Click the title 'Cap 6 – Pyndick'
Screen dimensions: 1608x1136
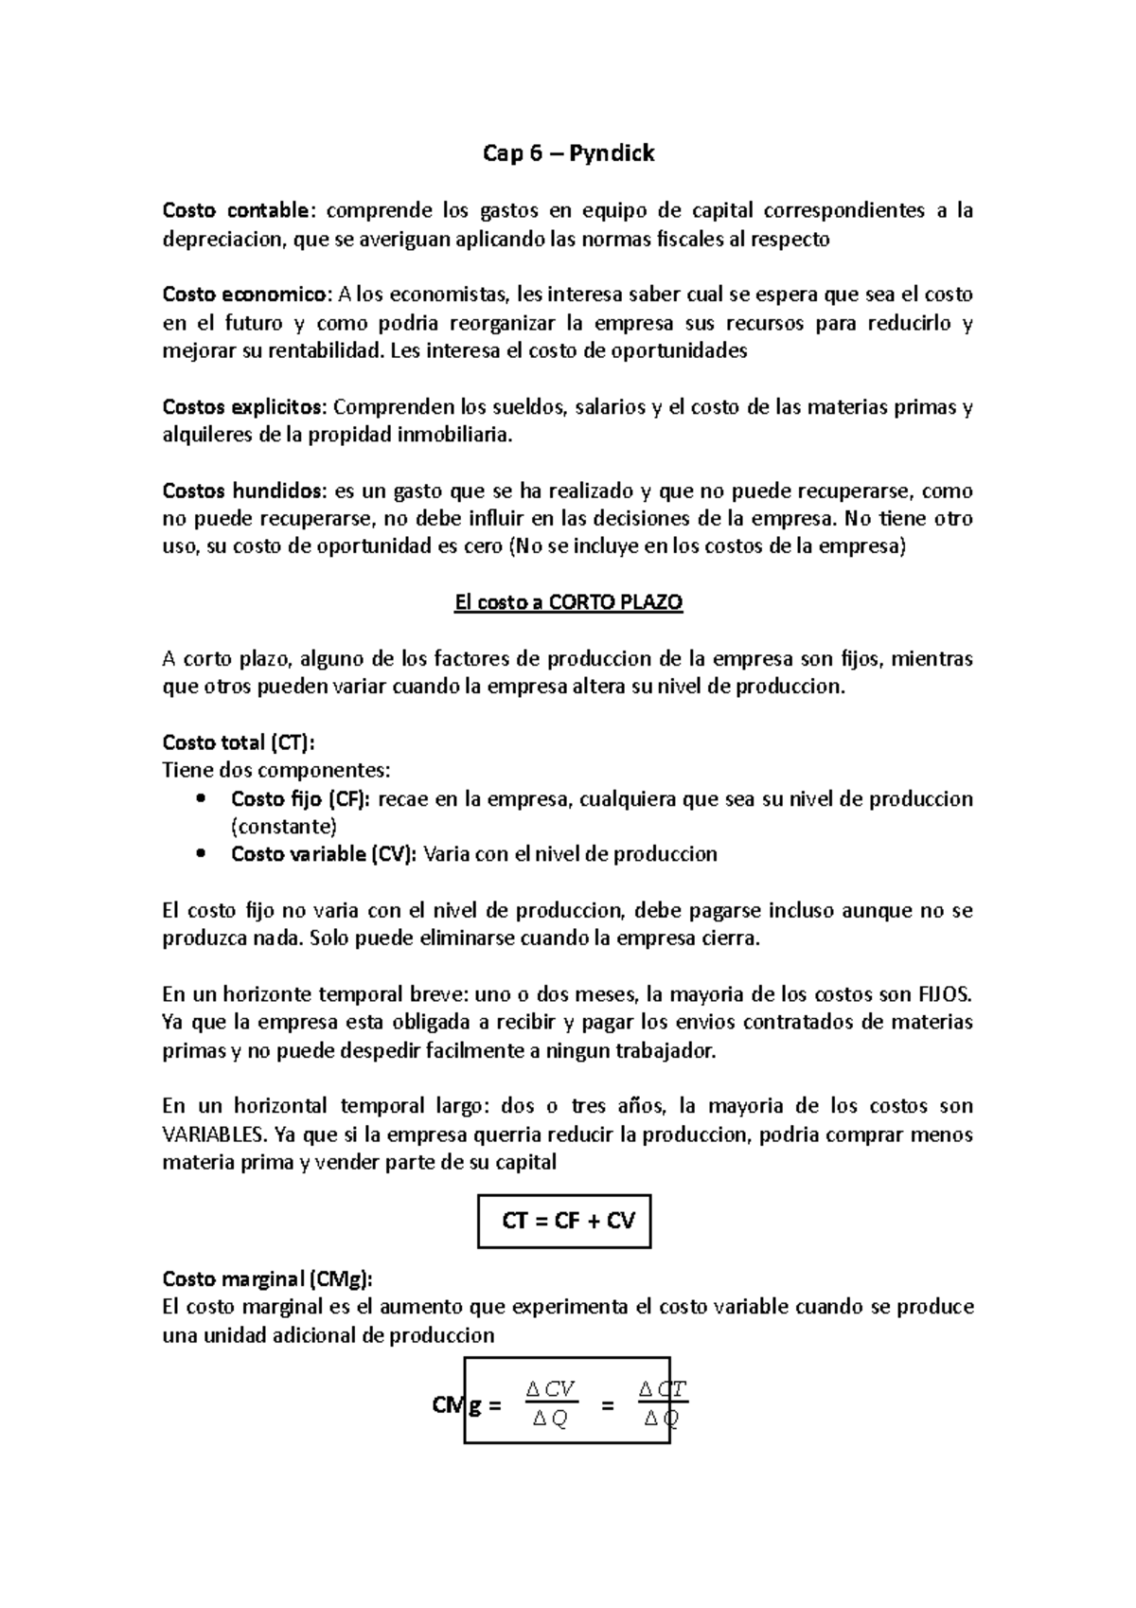[568, 153]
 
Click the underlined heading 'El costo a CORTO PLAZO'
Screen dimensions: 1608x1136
[568, 603]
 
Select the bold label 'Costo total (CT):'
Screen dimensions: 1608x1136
[239, 742]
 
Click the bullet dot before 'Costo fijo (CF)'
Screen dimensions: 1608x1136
[200, 799]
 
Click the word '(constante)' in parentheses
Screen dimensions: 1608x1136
[284, 827]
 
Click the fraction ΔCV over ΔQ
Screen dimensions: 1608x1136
[551, 1405]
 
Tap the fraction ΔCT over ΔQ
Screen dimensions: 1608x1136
[662, 1405]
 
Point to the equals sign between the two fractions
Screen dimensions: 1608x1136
[608, 1406]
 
